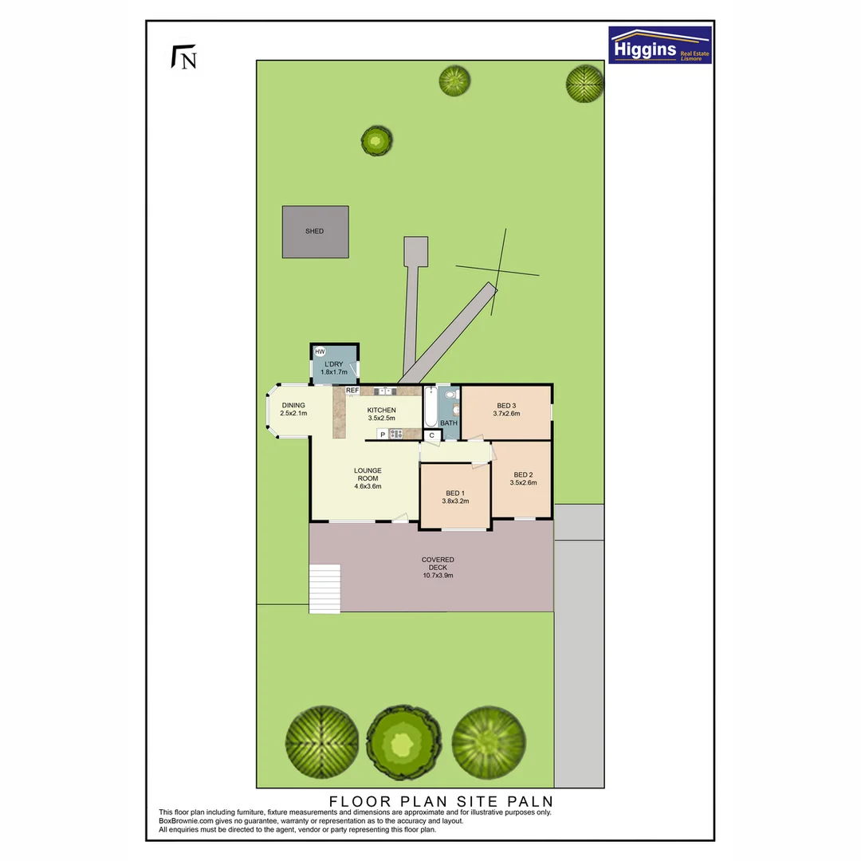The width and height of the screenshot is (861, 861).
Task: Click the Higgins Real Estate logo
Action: point(659,45)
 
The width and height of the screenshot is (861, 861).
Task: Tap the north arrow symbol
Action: point(184,58)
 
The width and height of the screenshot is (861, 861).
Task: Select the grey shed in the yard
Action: point(315,231)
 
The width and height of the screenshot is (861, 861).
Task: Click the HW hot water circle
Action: point(320,352)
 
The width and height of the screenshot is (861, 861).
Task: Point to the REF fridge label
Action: point(352,391)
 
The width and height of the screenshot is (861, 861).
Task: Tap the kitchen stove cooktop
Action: point(396,434)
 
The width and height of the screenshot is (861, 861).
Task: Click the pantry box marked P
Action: point(383,434)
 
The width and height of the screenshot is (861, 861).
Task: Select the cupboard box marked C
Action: point(431,435)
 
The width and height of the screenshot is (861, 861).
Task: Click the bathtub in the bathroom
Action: point(429,407)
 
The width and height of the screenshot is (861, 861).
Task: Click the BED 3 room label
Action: point(505,405)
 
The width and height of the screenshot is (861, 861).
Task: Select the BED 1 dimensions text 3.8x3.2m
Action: point(455,501)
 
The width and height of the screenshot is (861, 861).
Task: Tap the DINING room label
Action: point(293,405)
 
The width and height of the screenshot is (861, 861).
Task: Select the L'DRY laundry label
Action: point(333,364)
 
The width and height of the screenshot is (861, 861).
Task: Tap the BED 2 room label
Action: point(523,474)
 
